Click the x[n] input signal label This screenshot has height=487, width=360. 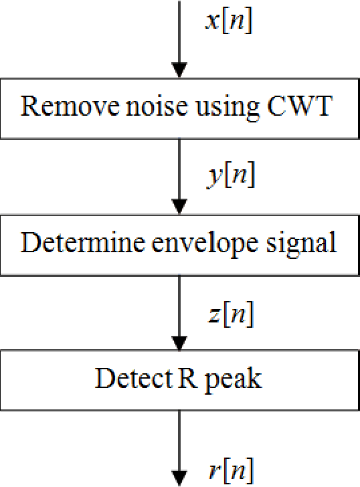(228, 23)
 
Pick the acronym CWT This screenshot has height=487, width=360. (294, 107)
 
